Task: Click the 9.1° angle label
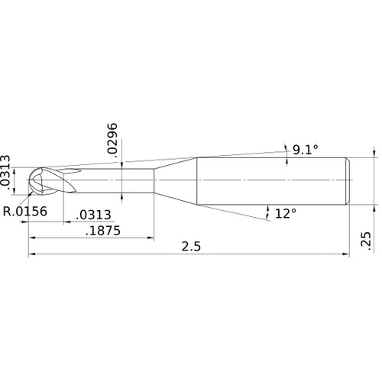300,150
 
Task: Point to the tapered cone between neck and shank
176,181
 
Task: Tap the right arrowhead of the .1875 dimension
151,238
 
